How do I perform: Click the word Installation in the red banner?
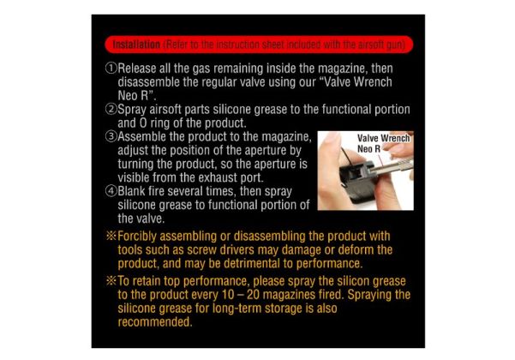click(136, 45)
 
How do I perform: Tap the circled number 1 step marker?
click(111, 69)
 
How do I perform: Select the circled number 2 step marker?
click(111, 109)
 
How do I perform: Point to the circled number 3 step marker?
click(111, 136)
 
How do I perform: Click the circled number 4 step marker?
click(111, 191)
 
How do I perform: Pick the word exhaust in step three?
click(219, 177)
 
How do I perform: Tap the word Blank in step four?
click(133, 191)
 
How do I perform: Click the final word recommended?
click(155, 322)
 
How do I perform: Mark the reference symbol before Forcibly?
click(111, 236)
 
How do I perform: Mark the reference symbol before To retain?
click(111, 281)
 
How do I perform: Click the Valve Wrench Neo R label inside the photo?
click(383, 143)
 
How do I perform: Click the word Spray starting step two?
click(132, 110)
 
